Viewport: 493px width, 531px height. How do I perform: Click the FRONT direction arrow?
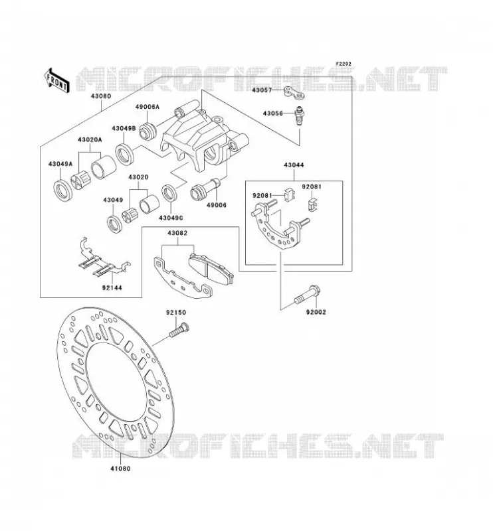click(56, 80)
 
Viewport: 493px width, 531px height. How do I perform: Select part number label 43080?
click(101, 96)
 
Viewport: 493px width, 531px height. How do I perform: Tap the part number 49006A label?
click(147, 107)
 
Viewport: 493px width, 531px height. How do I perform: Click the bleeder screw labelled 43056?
click(300, 116)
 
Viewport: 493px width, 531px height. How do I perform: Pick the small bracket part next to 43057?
click(294, 93)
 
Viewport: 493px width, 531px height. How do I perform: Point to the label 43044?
click(294, 165)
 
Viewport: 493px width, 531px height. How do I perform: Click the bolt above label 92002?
click(307, 295)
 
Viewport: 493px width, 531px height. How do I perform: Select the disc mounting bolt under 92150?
click(179, 330)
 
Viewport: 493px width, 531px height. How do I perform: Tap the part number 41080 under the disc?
click(120, 469)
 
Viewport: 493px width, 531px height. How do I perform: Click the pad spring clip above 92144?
click(102, 259)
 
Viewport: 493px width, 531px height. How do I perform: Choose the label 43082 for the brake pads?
click(177, 233)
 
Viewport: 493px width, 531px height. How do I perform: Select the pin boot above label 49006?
click(205, 190)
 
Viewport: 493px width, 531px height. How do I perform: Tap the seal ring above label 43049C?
click(170, 194)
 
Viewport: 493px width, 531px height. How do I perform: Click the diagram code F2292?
click(344, 64)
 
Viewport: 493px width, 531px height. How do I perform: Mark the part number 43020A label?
click(90, 139)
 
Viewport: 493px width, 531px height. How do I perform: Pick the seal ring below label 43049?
click(115, 224)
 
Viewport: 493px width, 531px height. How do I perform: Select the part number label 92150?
click(176, 313)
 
